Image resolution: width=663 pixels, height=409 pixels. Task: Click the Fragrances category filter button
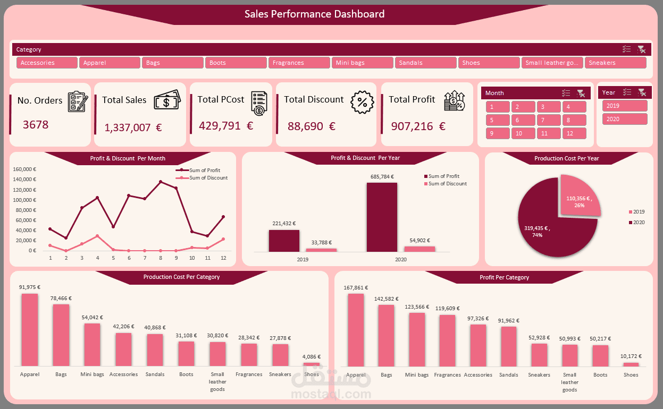click(299, 63)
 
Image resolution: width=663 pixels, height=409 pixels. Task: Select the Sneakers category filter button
click(615, 63)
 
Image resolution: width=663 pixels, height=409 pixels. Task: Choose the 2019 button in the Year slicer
click(624, 106)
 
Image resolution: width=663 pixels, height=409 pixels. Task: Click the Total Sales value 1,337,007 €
click(133, 127)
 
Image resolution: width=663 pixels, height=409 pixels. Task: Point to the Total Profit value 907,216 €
click(418, 126)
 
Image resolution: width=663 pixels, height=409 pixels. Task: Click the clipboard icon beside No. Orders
click(77, 101)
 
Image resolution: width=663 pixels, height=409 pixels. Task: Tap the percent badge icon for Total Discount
click(362, 101)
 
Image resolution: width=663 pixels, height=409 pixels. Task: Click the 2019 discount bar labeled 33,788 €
click(321, 250)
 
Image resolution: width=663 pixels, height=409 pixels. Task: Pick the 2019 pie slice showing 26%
click(580, 195)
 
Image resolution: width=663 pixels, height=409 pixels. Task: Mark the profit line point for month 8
click(160, 182)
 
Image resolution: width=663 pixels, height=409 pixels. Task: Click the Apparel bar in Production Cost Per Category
click(30, 329)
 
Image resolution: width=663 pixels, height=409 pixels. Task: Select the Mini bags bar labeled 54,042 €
click(92, 344)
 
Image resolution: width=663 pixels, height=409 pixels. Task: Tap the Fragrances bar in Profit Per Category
click(447, 340)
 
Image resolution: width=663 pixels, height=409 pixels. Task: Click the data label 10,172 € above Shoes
click(632, 356)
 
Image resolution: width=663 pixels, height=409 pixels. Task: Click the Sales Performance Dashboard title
click(314, 14)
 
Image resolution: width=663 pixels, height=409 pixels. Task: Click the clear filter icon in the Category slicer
click(641, 49)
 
